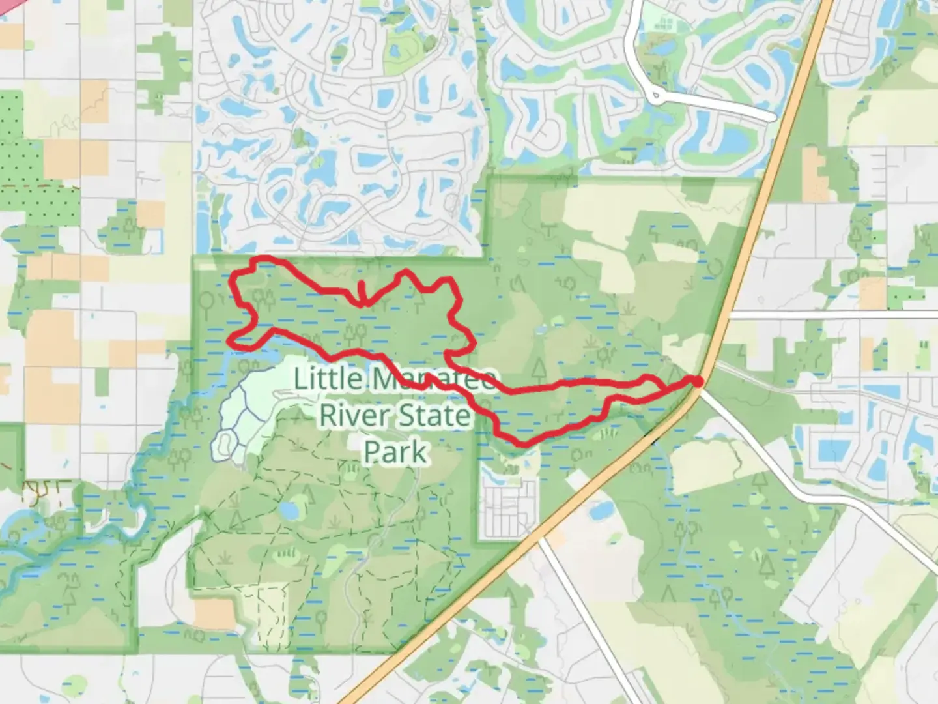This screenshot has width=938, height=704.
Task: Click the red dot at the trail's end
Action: pyautogui.click(x=697, y=381)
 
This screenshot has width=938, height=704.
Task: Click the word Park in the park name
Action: pyautogui.click(x=395, y=452)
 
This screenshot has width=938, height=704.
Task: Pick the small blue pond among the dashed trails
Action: pyautogui.click(x=289, y=510)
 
